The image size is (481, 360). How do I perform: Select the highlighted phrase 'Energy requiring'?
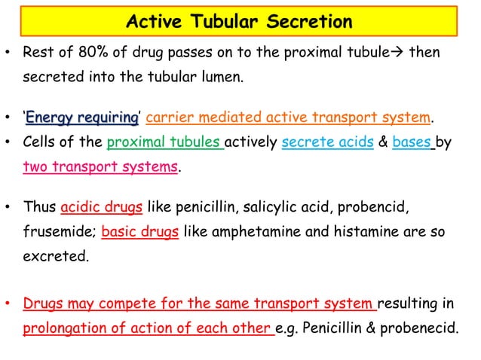[x=82, y=117]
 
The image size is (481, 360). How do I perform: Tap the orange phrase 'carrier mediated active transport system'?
[x=289, y=117]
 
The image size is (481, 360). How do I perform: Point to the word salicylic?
[x=284, y=206]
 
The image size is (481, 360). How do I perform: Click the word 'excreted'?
[x=55, y=255]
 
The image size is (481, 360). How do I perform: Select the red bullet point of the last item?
[x=8, y=306]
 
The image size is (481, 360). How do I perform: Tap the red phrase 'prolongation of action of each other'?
[x=148, y=329]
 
